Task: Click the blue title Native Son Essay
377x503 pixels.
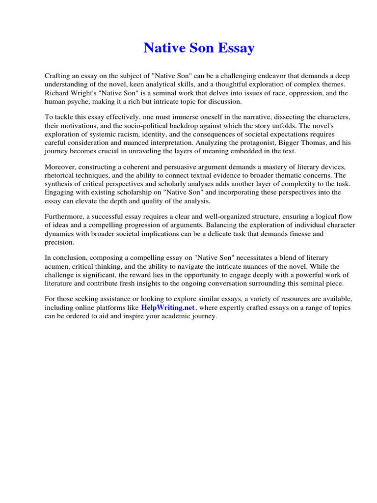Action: tap(199, 48)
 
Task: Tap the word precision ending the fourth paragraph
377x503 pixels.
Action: tap(59, 242)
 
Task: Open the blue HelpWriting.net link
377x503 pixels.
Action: tap(168, 308)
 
